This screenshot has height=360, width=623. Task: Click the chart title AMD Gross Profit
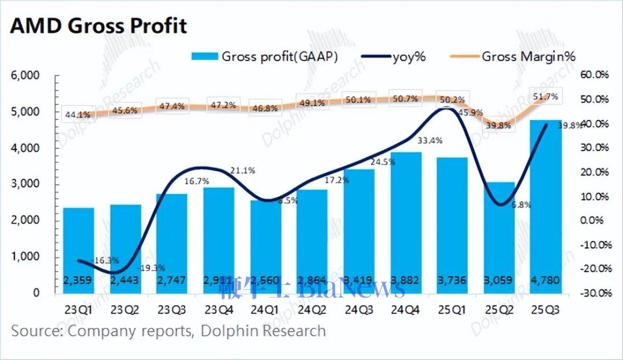point(99,27)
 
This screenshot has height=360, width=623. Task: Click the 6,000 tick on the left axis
point(25,75)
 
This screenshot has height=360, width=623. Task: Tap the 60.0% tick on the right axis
point(595,75)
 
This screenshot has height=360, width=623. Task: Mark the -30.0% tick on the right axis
point(594,292)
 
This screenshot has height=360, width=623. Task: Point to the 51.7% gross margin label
point(545,97)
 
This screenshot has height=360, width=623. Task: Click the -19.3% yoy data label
point(152,268)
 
